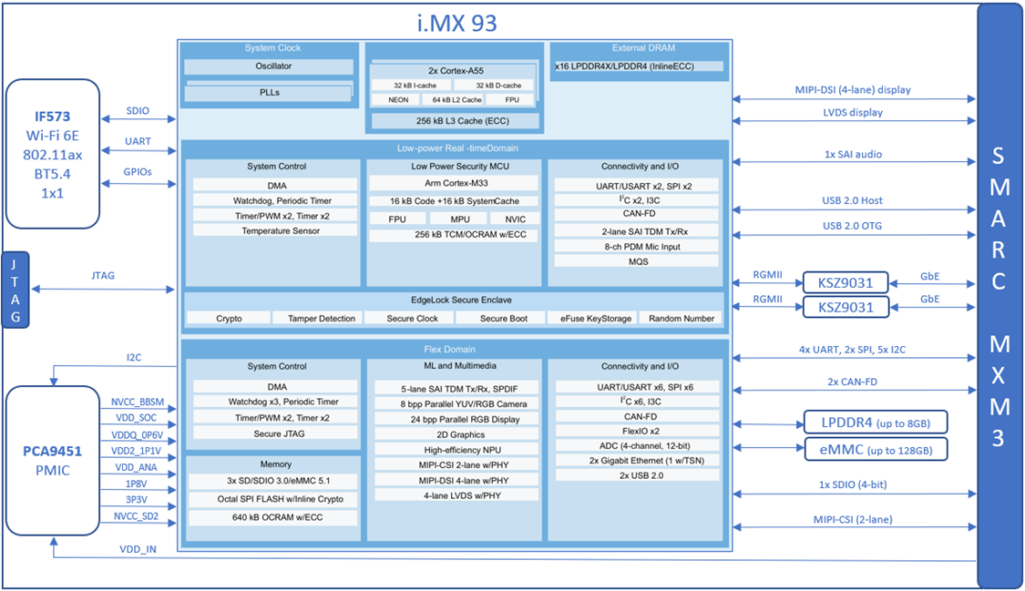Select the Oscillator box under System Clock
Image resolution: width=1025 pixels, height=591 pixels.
(268, 66)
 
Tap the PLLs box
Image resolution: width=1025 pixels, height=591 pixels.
(269, 92)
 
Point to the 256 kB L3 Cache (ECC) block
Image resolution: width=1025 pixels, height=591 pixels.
(453, 120)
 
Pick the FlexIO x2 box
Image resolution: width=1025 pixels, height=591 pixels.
(635, 431)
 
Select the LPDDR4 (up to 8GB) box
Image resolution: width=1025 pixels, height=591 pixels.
(875, 423)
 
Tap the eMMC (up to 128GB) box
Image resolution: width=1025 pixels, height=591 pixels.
(875, 450)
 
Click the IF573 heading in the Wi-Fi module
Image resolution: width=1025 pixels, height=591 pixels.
(53, 117)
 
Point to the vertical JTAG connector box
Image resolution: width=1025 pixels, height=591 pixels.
(15, 289)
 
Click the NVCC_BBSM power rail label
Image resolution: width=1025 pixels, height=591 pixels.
(138, 402)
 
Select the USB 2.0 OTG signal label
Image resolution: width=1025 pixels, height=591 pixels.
(852, 226)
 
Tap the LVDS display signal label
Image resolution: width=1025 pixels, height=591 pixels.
(852, 113)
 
